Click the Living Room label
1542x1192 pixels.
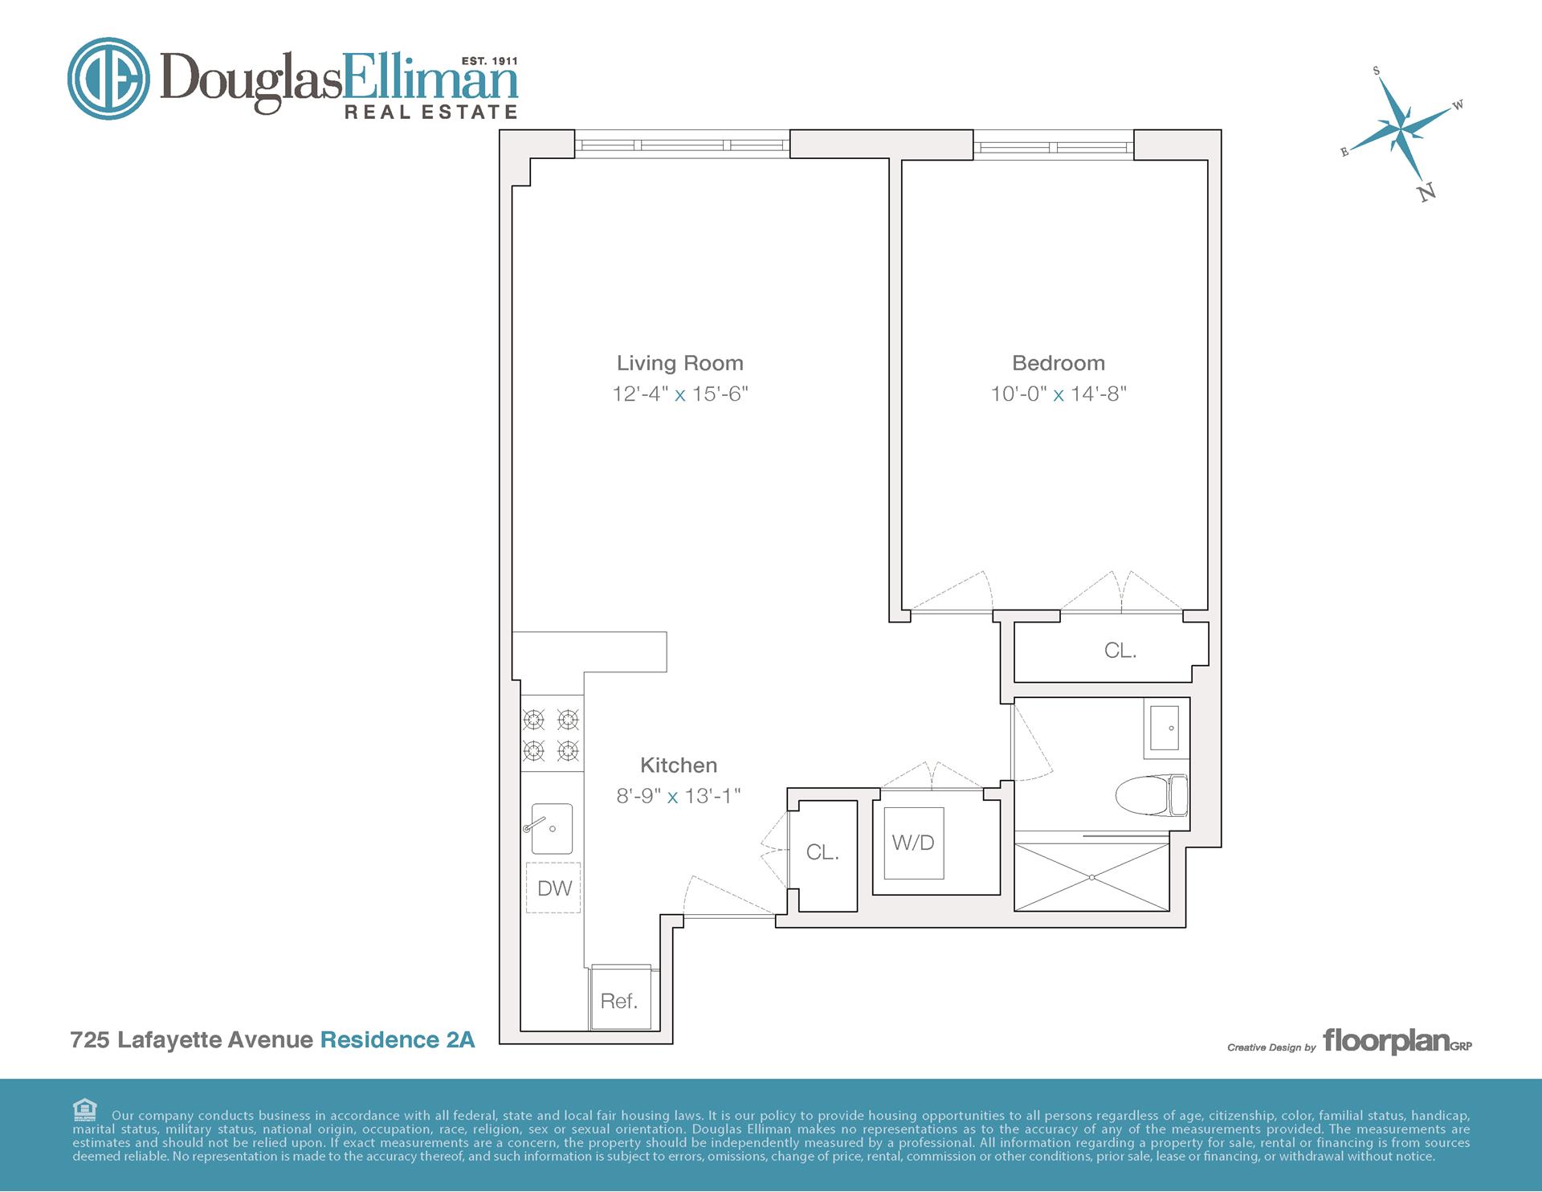coord(679,363)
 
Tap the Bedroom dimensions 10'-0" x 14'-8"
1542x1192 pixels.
coord(1058,394)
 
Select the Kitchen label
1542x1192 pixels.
coord(678,765)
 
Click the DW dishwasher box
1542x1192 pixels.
coord(553,888)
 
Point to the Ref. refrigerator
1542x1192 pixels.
coord(619,1000)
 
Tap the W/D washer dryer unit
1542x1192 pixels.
coord(914,843)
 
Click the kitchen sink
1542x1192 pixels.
coord(552,829)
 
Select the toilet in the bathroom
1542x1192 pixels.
coord(1150,794)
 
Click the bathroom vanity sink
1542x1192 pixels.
coord(1165,728)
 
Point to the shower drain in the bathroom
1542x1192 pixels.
coord(1091,877)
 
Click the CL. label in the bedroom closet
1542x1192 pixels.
coord(1120,651)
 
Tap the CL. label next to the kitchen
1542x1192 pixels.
coord(822,852)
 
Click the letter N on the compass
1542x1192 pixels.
coord(1427,192)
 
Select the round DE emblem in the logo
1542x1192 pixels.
coord(108,79)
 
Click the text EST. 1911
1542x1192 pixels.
coord(489,61)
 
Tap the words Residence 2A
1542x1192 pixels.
coord(398,1039)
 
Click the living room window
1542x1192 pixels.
coord(682,145)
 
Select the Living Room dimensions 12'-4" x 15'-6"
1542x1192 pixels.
coord(679,394)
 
